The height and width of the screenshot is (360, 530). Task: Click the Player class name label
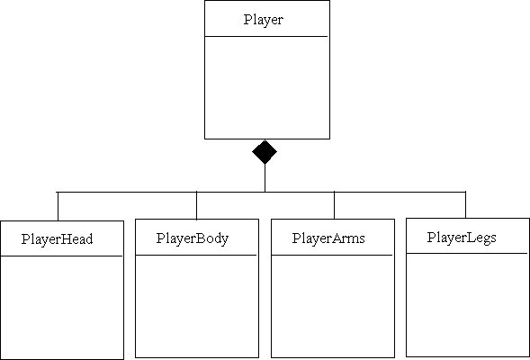(264, 20)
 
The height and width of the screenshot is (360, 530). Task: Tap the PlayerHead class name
(57, 239)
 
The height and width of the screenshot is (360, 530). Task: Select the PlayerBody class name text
(193, 238)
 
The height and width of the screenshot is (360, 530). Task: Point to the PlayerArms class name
(328, 238)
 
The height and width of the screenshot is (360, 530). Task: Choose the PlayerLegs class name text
(462, 238)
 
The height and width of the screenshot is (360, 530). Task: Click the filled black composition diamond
(265, 152)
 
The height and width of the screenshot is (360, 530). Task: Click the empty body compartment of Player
(267, 87)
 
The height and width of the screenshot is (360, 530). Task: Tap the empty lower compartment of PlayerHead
(62, 307)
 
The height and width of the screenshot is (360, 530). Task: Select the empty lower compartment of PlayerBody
(197, 306)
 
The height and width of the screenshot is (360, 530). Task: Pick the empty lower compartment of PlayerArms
(333, 306)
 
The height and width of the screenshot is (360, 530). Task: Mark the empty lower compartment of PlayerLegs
(468, 304)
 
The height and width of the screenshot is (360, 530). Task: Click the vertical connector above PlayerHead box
(58, 206)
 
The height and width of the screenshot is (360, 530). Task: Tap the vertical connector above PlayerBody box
(196, 205)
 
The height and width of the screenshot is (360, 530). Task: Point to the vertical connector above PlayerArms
(335, 205)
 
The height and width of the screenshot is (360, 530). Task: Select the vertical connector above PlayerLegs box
(465, 205)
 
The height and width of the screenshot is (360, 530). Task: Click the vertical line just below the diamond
(265, 178)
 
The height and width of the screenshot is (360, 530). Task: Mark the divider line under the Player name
(266, 36)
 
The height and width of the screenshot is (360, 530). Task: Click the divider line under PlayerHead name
(61, 256)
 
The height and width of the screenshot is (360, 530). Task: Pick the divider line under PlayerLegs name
(467, 253)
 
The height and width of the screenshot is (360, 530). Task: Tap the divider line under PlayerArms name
(332, 255)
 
